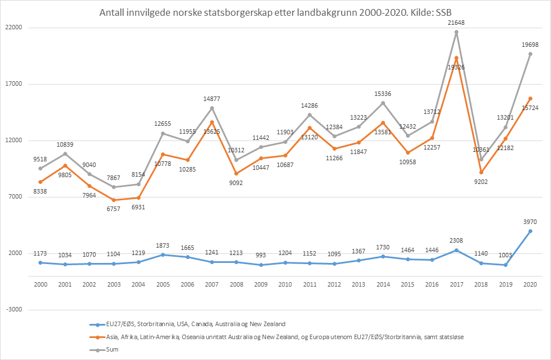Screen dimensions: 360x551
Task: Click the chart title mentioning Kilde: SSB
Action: pyautogui.click(x=275, y=12)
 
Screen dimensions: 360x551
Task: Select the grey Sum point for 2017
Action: pyautogui.click(x=457, y=32)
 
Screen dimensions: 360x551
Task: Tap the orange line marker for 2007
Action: pyautogui.click(x=212, y=122)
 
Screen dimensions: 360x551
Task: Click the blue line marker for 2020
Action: pyautogui.click(x=530, y=231)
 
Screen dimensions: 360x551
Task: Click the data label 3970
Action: pyautogui.click(x=530, y=221)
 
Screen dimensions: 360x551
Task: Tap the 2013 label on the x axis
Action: pyautogui.click(x=359, y=284)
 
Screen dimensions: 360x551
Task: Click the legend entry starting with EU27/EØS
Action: pyautogui.click(x=187, y=324)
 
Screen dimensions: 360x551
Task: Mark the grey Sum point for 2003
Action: pyautogui.click(x=114, y=187)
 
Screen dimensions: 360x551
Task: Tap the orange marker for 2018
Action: pyautogui.click(x=481, y=172)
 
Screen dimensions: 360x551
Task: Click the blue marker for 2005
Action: pyautogui.click(x=163, y=254)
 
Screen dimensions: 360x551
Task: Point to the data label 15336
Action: pyautogui.click(x=383, y=93)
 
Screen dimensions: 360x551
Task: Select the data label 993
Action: pyautogui.click(x=261, y=255)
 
